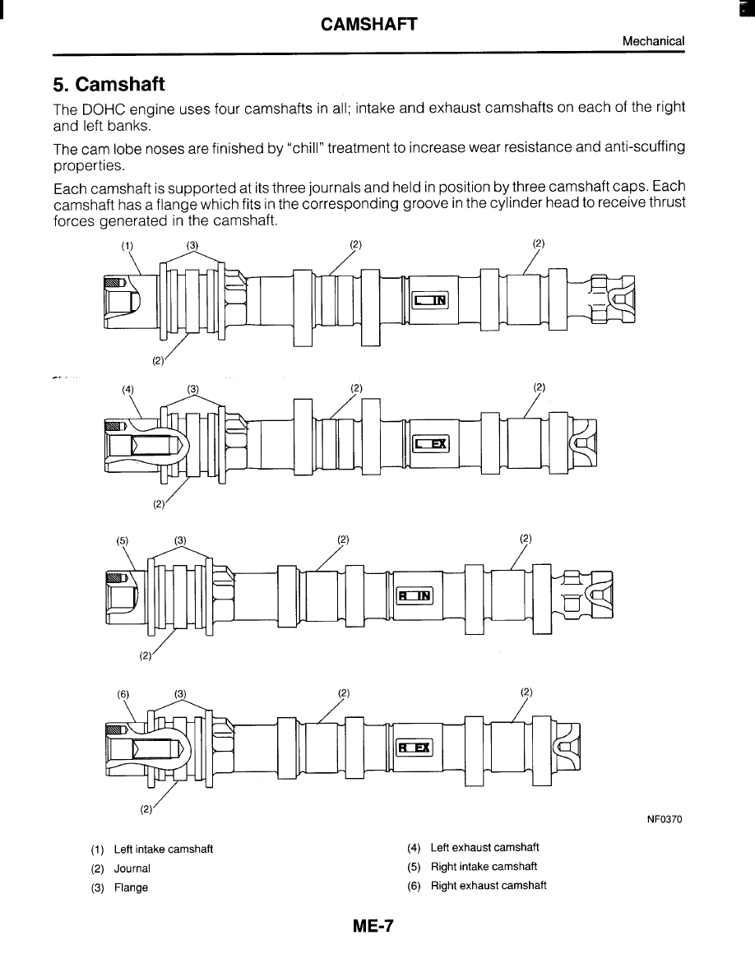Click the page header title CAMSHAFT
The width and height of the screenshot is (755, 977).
pos(369,24)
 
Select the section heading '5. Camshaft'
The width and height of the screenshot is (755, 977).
pos(109,84)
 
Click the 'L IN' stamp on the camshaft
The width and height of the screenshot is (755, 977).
pos(430,300)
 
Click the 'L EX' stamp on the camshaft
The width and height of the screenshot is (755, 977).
pos(430,444)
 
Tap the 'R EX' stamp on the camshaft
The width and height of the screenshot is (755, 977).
pos(415,748)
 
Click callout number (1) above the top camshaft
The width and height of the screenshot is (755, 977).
pos(127,244)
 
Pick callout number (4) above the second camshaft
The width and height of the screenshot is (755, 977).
pos(128,388)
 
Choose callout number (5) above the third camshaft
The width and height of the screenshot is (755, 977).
pos(123,540)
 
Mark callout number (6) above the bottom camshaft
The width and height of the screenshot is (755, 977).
pos(123,693)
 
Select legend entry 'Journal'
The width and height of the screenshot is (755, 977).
pos(132,868)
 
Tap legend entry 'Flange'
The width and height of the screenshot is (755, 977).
pos(131,887)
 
